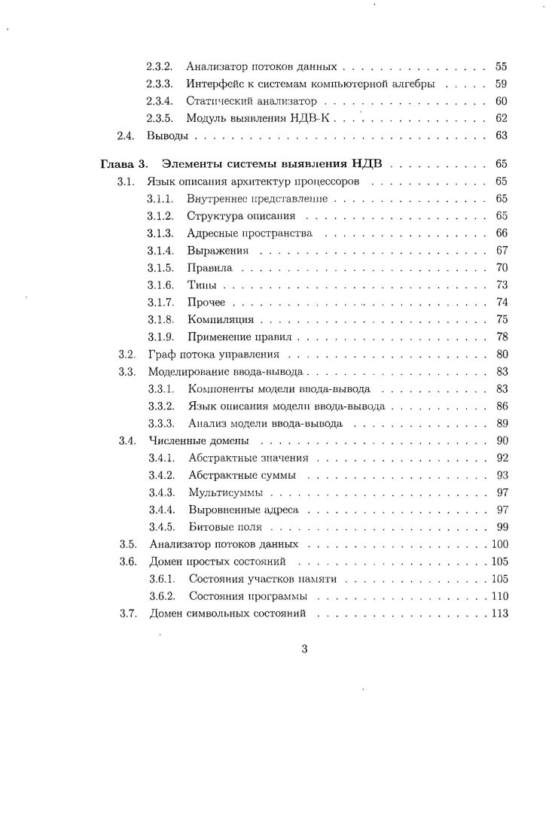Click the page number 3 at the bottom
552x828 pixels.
pos(304,650)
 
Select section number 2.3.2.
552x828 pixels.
pos(160,67)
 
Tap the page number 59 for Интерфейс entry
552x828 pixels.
pos(502,84)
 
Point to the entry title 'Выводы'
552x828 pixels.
pos(166,136)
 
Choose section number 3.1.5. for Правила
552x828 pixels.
pos(160,267)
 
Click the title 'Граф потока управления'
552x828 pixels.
pos(214,354)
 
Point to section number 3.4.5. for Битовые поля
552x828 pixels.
pos(161,527)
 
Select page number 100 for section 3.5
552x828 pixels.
pos(499,544)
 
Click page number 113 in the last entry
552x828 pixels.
pos(499,613)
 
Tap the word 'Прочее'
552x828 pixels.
pos(206,302)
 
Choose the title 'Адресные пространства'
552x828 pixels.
pos(249,233)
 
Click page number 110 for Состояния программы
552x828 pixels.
pos(499,596)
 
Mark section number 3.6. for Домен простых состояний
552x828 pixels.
pos(127,562)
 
